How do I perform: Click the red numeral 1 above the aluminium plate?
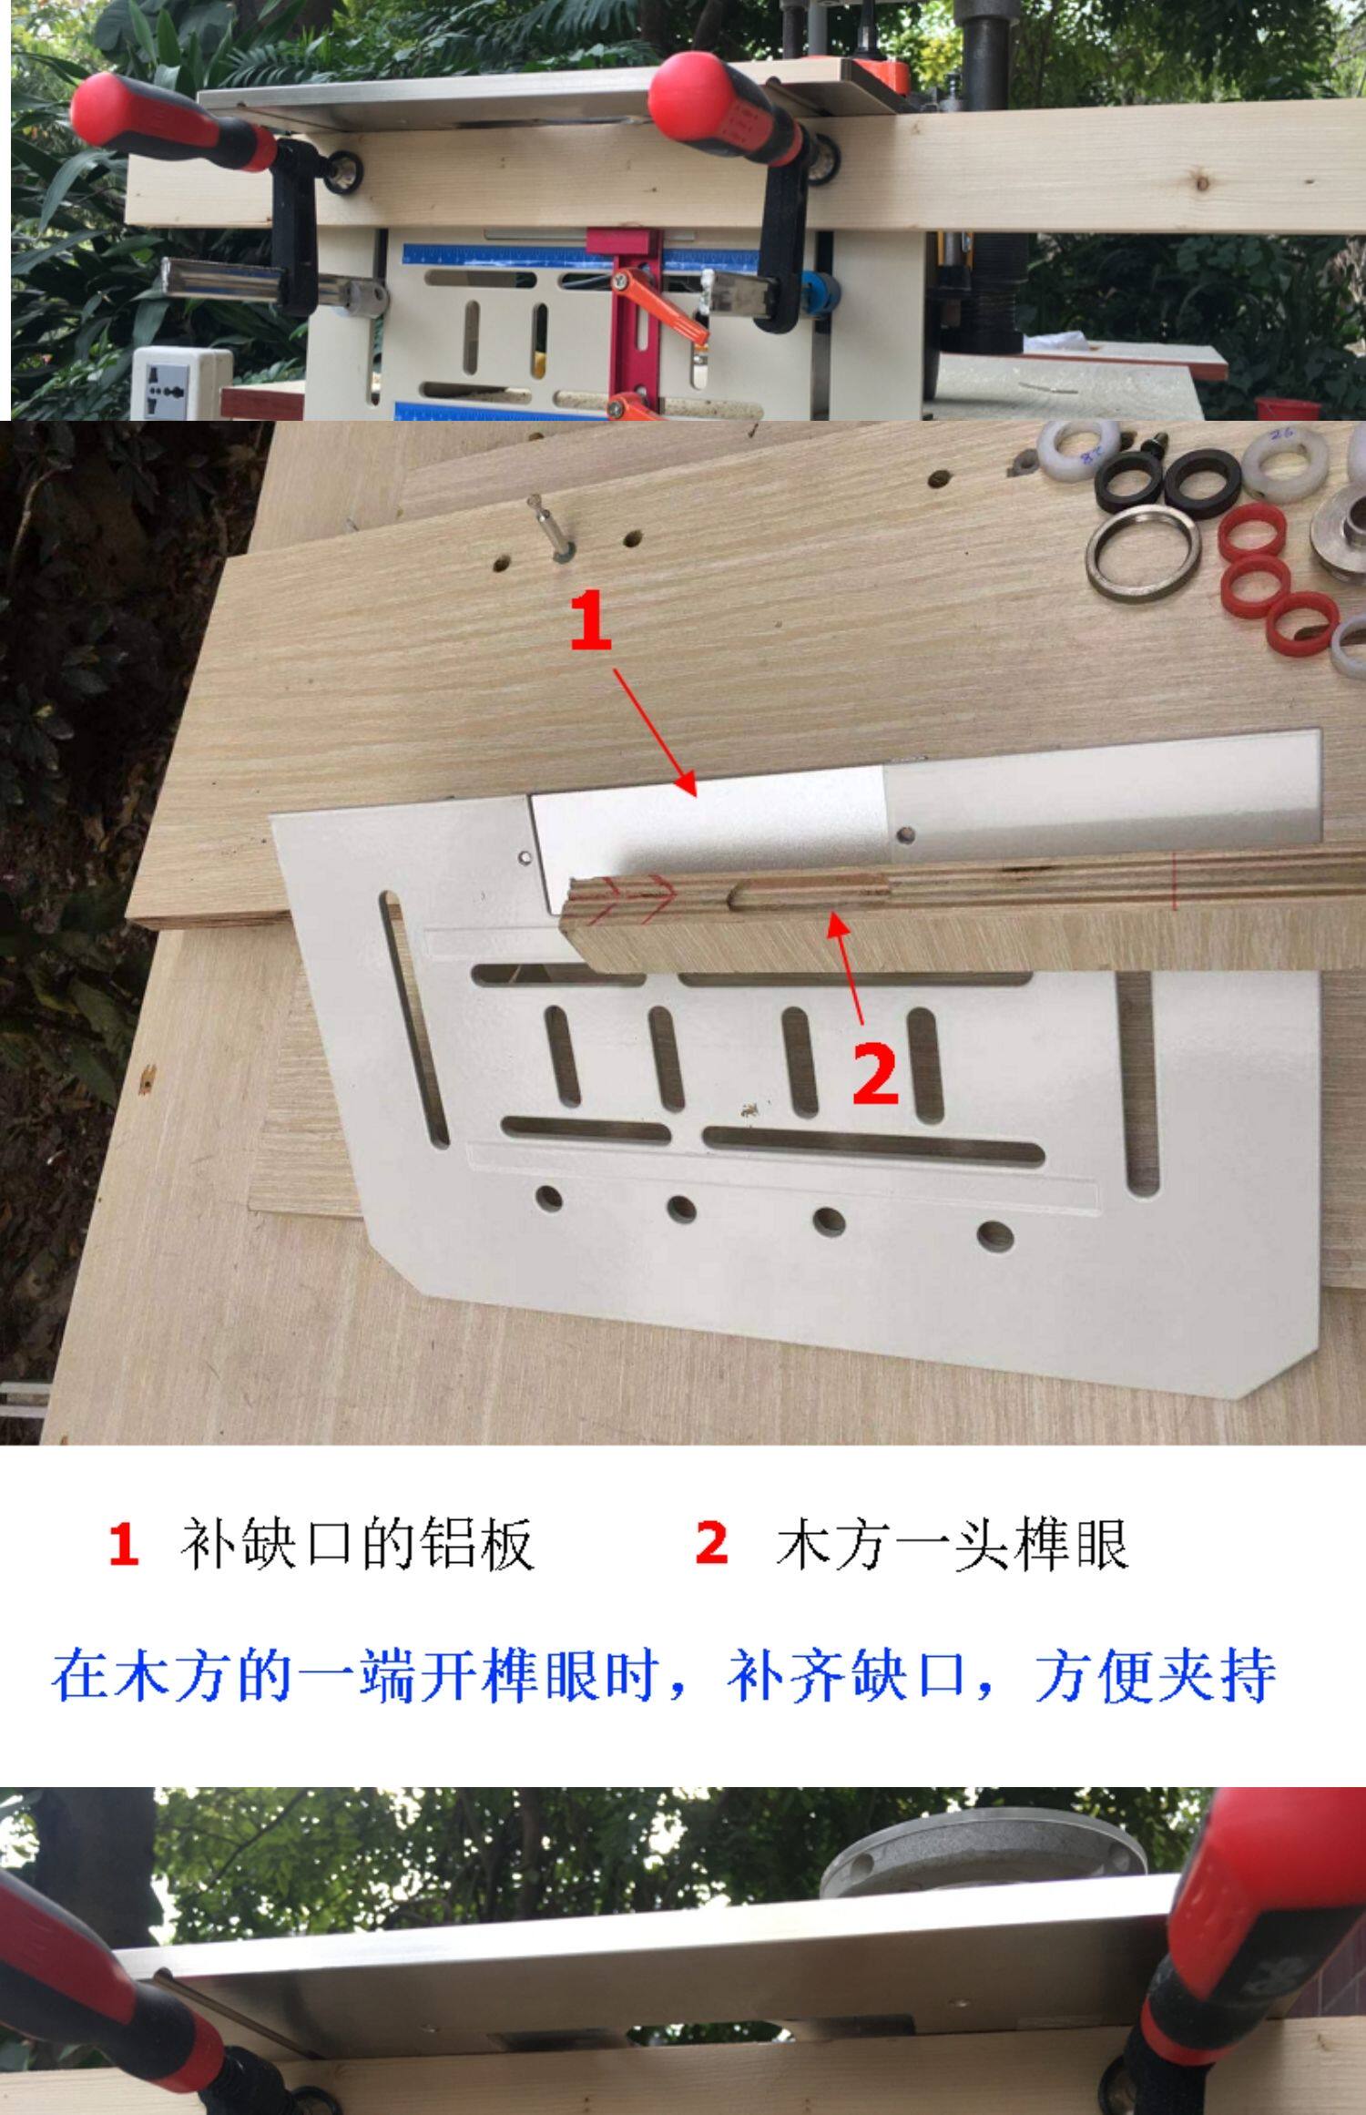point(590,620)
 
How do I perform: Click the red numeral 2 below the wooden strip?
point(875,1074)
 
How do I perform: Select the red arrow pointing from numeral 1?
point(655,732)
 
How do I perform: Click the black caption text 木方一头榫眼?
point(953,1543)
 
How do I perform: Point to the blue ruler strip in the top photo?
point(580,261)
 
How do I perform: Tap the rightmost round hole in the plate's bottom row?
point(994,1236)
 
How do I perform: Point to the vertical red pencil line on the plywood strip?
point(1176,881)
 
